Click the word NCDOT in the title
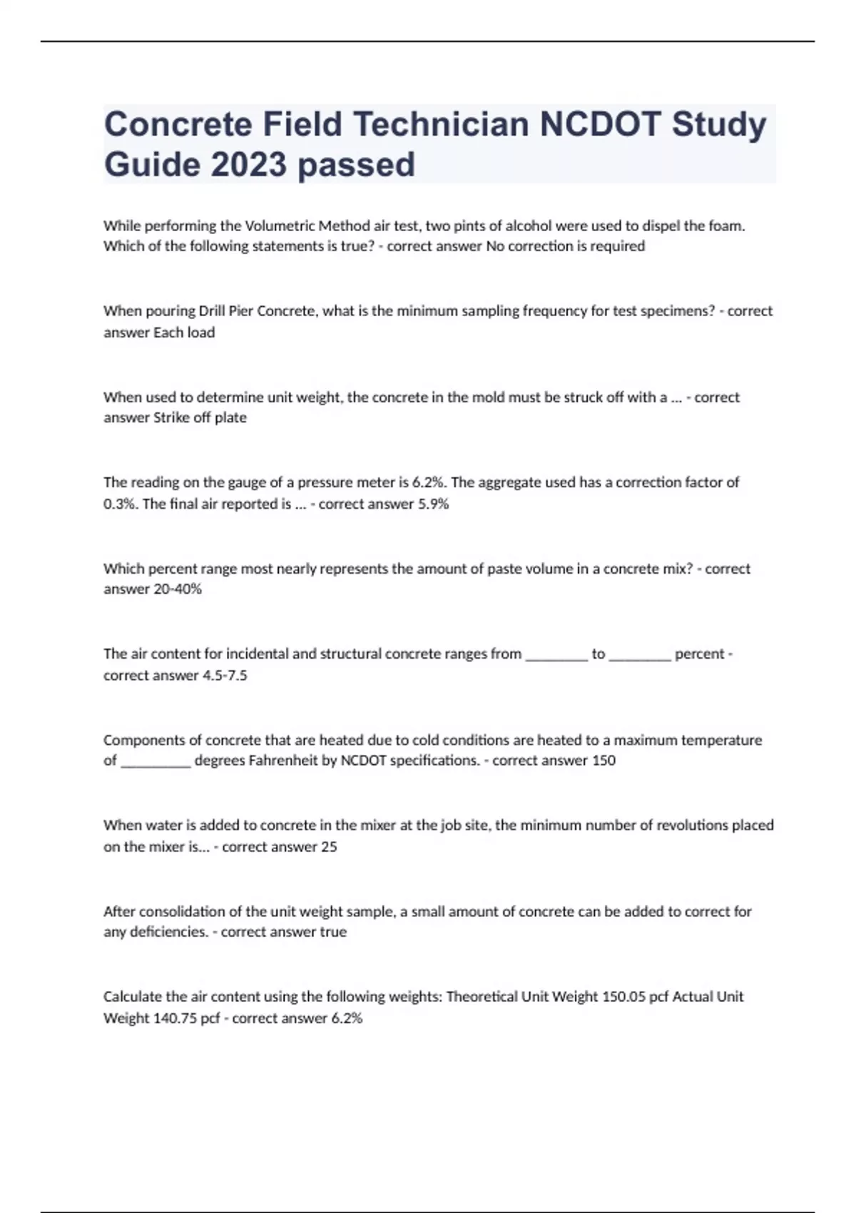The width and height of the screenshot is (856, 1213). pos(600,124)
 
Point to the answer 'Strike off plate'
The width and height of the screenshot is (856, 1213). pos(200,418)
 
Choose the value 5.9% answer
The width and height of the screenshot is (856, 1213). pos(432,504)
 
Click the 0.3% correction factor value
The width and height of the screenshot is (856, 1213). pos(119,504)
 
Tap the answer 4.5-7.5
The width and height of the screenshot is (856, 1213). pos(225,676)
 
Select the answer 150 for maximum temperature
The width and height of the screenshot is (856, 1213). pos(603,761)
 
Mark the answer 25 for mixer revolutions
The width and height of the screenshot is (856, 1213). pos(329,847)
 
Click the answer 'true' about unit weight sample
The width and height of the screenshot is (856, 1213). pos(333,932)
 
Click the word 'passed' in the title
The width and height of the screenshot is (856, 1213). pos(356,164)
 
